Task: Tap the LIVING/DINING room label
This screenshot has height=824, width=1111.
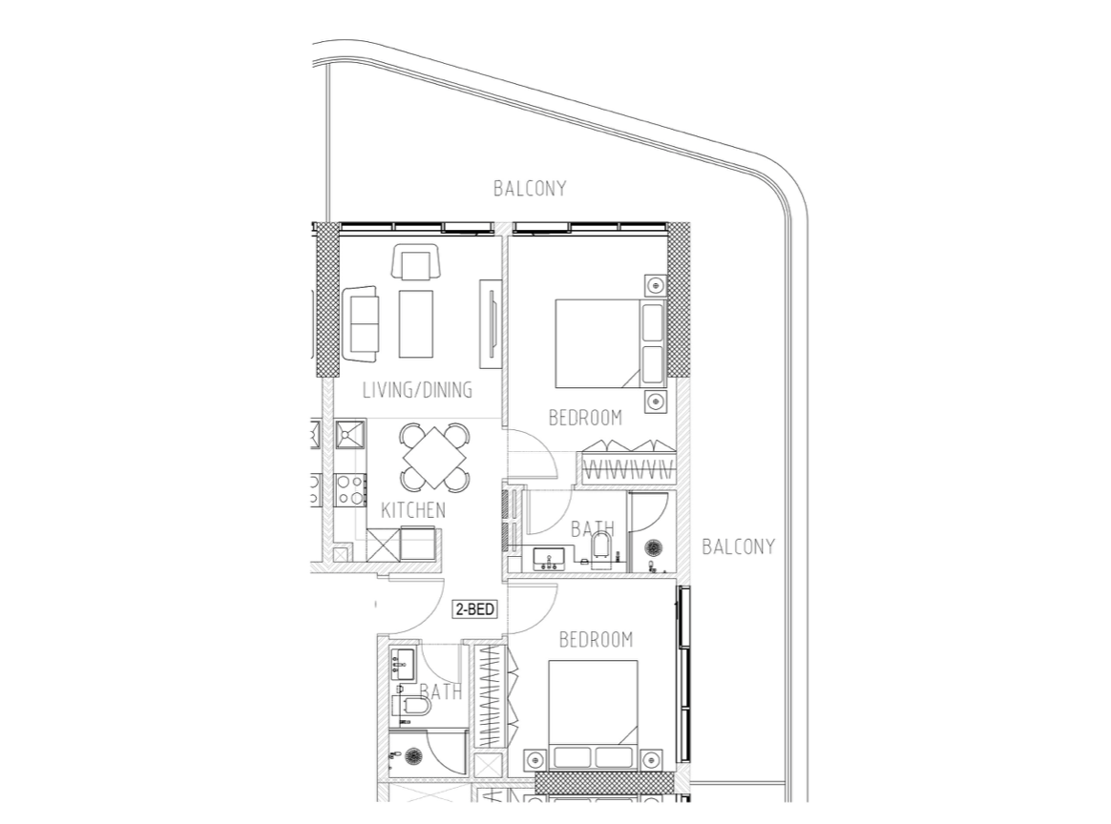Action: [x=417, y=391]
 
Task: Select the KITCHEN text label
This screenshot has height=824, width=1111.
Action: [x=412, y=510]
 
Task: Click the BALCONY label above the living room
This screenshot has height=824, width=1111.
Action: [x=530, y=189]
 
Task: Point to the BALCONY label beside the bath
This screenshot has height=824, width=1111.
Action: [x=738, y=547]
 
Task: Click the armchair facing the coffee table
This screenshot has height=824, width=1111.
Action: [x=415, y=262]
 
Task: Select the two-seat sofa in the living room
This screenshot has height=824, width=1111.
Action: [x=362, y=321]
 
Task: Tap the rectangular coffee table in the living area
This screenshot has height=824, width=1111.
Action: [x=416, y=323]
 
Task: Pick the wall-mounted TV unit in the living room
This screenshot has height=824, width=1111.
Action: [x=489, y=321]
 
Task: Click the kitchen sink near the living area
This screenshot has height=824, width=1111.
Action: [x=348, y=435]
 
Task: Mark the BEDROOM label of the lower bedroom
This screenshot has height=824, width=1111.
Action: [x=596, y=639]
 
